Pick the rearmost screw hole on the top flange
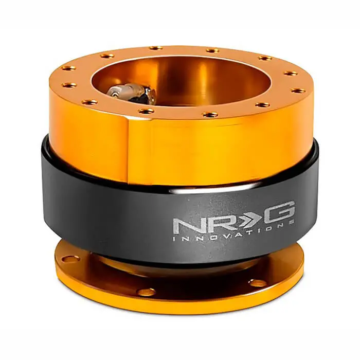click(x=156, y=48)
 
